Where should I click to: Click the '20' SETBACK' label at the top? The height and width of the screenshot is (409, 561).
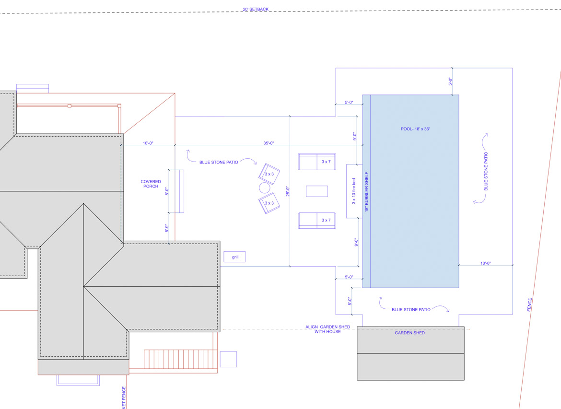click(256, 9)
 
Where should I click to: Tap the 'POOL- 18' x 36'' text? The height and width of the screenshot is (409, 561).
click(415, 129)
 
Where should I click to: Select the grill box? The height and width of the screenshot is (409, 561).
click(234, 257)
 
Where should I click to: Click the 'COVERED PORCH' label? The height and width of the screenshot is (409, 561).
click(151, 184)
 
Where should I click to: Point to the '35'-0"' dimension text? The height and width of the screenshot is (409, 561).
click(269, 143)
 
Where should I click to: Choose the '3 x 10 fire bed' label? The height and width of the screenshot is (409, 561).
click(354, 191)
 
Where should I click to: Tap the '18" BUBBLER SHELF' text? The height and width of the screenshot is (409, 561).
click(367, 192)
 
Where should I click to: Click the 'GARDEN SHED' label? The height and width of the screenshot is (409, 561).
click(409, 333)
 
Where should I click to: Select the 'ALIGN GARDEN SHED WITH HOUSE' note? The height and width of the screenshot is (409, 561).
click(327, 329)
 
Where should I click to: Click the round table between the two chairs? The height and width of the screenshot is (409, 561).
click(265, 187)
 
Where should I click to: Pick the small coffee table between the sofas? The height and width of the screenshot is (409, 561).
click(317, 191)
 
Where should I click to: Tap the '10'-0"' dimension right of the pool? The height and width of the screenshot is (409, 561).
click(485, 263)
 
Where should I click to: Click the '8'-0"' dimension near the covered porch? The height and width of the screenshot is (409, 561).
click(167, 191)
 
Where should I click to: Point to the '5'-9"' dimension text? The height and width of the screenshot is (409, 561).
click(166, 229)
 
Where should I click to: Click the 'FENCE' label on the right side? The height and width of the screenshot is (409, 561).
click(530, 305)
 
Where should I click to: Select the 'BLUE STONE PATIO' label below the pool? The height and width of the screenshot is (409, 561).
click(411, 310)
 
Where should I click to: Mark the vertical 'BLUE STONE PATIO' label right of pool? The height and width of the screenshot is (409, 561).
click(486, 172)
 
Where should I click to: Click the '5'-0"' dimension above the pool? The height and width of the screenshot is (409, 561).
click(450, 82)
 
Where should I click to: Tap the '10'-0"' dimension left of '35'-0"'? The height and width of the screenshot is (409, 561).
click(148, 143)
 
